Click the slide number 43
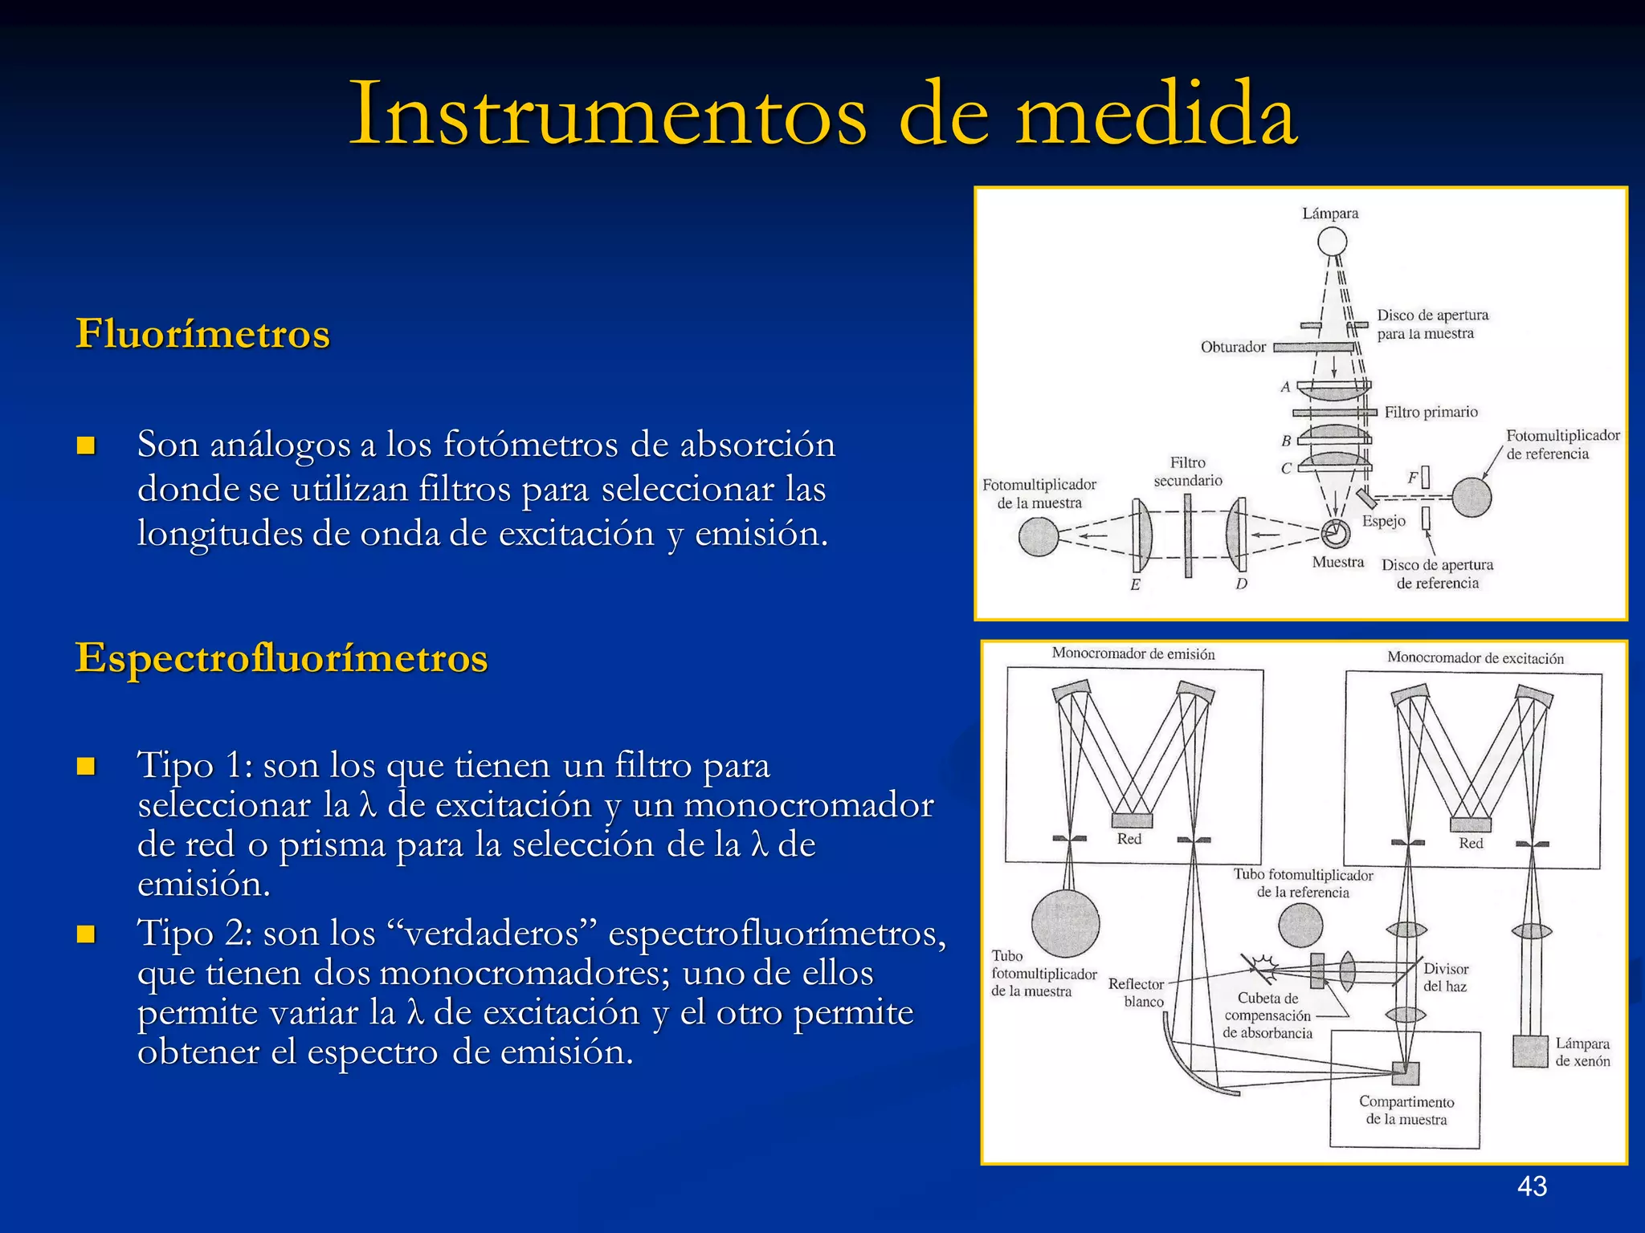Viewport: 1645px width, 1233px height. click(x=1532, y=1186)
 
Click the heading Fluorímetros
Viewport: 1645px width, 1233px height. click(x=202, y=333)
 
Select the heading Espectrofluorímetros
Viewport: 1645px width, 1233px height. click(x=281, y=657)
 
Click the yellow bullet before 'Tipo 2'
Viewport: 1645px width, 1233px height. click(x=86, y=934)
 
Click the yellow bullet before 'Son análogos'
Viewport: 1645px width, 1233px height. click(x=86, y=446)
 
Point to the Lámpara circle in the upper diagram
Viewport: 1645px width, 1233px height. click(x=1332, y=241)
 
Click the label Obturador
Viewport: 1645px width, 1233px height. click(x=1232, y=347)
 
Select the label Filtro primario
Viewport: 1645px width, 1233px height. click(x=1431, y=412)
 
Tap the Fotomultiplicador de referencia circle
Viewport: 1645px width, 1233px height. click(x=1472, y=498)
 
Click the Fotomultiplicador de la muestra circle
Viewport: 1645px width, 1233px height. click(x=1039, y=536)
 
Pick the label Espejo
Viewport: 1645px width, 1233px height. click(x=1383, y=521)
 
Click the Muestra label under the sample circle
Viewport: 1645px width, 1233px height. click(x=1337, y=562)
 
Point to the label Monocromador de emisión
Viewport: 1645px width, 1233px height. click(x=1133, y=653)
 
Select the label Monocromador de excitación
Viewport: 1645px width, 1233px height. click(x=1475, y=657)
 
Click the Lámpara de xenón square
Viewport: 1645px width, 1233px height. click(x=1529, y=1051)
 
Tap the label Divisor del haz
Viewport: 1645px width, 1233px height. click(x=1445, y=977)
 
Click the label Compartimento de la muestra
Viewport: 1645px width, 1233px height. click(x=1406, y=1110)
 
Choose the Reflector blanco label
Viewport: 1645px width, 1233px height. click(x=1137, y=993)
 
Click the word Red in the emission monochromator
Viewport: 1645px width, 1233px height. click(x=1129, y=838)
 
